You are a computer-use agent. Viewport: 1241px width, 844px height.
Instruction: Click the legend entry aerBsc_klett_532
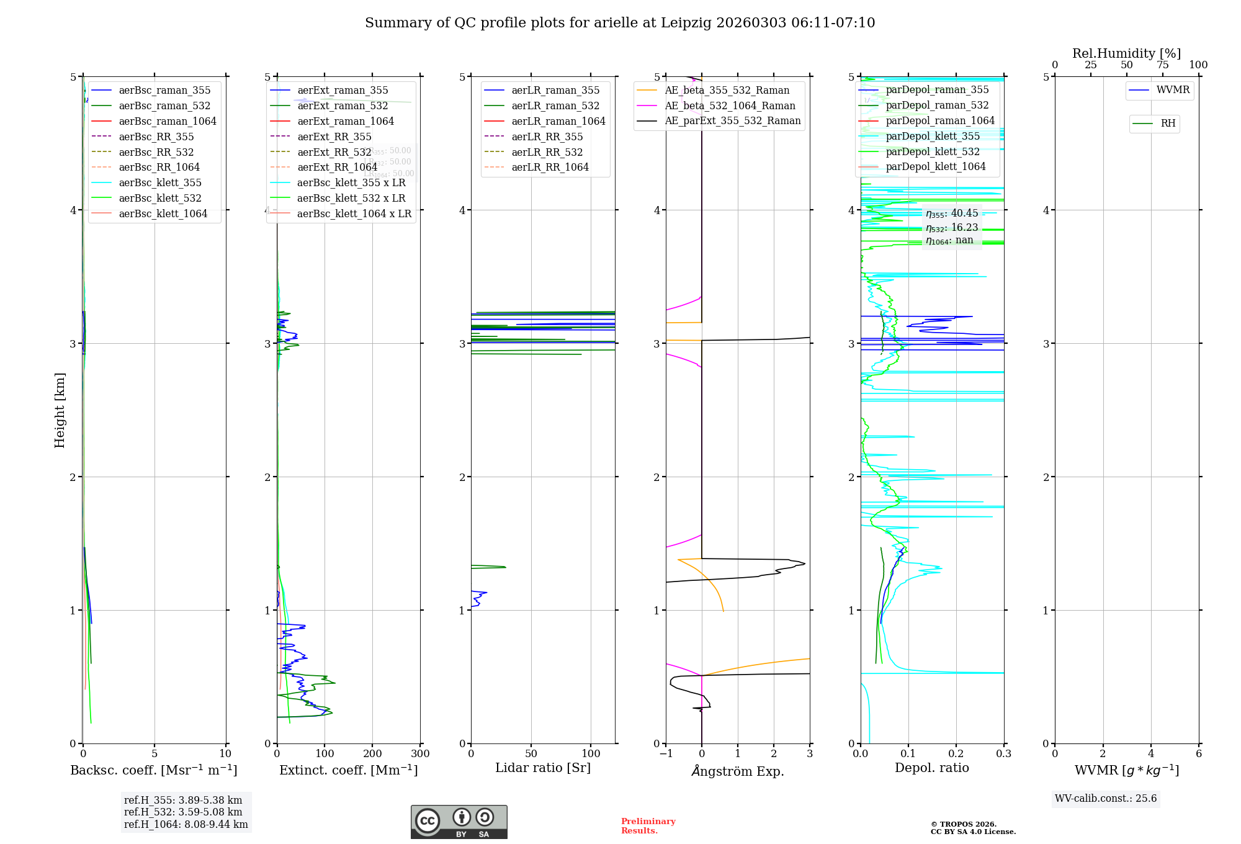[x=160, y=198]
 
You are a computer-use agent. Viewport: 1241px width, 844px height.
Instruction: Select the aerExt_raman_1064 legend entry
[x=345, y=121]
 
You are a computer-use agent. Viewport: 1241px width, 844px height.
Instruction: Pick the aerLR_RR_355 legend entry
[x=547, y=137]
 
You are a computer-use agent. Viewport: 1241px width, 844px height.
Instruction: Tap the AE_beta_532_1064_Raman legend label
[x=730, y=105]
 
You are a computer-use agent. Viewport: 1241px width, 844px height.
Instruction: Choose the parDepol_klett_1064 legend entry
[x=935, y=166]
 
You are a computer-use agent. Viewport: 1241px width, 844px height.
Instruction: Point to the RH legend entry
[x=1168, y=123]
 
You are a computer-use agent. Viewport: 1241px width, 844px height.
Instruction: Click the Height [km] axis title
[x=60, y=410]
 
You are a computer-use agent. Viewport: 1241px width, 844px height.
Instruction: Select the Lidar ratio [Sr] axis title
[x=543, y=768]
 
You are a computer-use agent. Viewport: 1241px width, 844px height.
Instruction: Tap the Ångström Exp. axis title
[x=738, y=771]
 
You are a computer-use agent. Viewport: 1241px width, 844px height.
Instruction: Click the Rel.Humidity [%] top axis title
[x=1126, y=53]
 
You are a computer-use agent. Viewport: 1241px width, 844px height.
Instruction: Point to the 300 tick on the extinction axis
[x=421, y=753]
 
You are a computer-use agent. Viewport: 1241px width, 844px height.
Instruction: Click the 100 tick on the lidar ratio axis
[x=591, y=753]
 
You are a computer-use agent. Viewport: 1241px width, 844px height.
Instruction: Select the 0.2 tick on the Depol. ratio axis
[x=956, y=753]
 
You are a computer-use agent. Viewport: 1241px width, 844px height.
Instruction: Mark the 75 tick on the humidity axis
[x=1162, y=65]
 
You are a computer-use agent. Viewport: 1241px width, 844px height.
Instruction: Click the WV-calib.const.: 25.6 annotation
[x=1106, y=798]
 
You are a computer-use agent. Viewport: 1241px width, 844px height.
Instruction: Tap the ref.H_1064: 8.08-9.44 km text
[x=186, y=824]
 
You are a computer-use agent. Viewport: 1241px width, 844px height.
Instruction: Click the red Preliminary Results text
[x=648, y=825]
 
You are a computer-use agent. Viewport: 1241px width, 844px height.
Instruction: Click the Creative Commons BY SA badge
[x=459, y=822]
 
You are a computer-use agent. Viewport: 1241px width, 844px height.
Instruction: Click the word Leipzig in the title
[x=686, y=23]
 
